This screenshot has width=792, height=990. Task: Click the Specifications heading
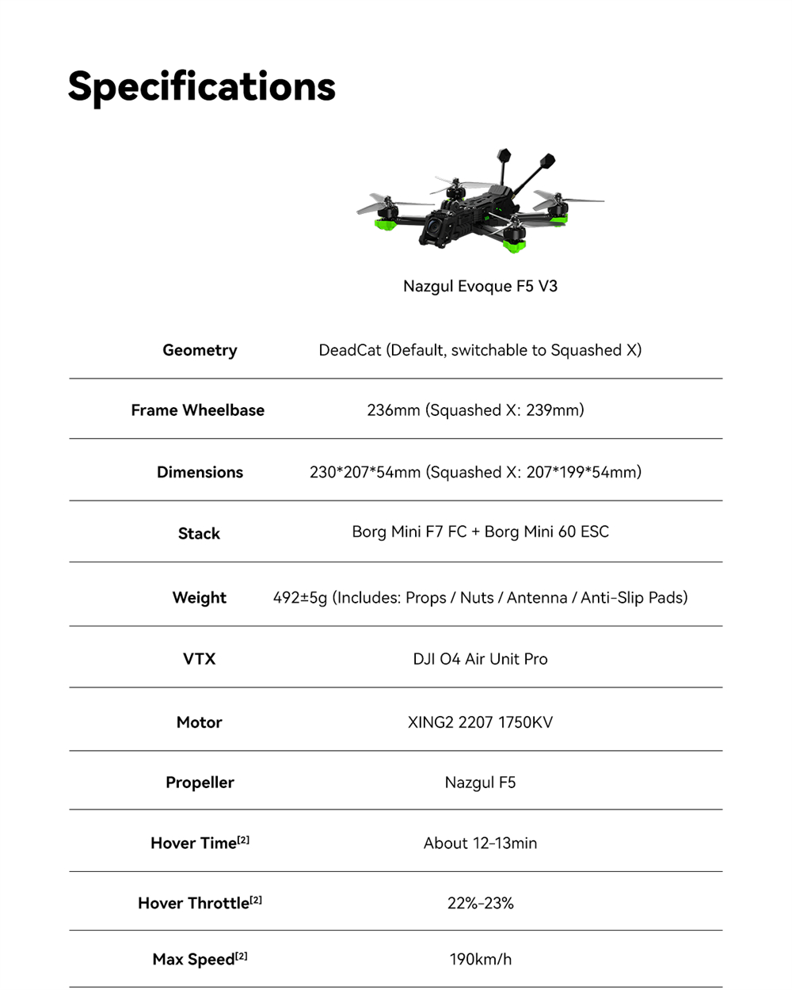click(201, 86)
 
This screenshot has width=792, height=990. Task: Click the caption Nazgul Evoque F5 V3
click(480, 286)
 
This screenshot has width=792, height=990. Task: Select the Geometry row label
click(200, 350)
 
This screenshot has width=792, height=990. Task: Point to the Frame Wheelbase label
click(198, 410)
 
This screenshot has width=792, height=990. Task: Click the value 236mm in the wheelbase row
click(394, 410)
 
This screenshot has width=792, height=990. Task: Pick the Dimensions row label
click(200, 472)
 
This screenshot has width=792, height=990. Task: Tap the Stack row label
click(199, 534)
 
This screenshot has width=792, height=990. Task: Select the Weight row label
click(200, 598)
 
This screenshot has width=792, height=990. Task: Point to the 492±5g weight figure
click(300, 598)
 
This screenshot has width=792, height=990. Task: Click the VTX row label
click(199, 659)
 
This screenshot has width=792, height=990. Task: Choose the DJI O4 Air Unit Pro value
click(480, 659)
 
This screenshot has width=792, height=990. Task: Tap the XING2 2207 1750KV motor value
click(480, 722)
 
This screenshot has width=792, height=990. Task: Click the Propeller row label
click(200, 782)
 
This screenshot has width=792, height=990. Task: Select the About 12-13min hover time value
click(480, 843)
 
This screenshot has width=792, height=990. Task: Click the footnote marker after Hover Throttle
click(256, 900)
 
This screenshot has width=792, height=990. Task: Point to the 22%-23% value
click(480, 903)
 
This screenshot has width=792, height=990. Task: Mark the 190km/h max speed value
click(480, 959)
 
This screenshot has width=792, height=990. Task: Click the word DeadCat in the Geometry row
click(350, 350)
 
